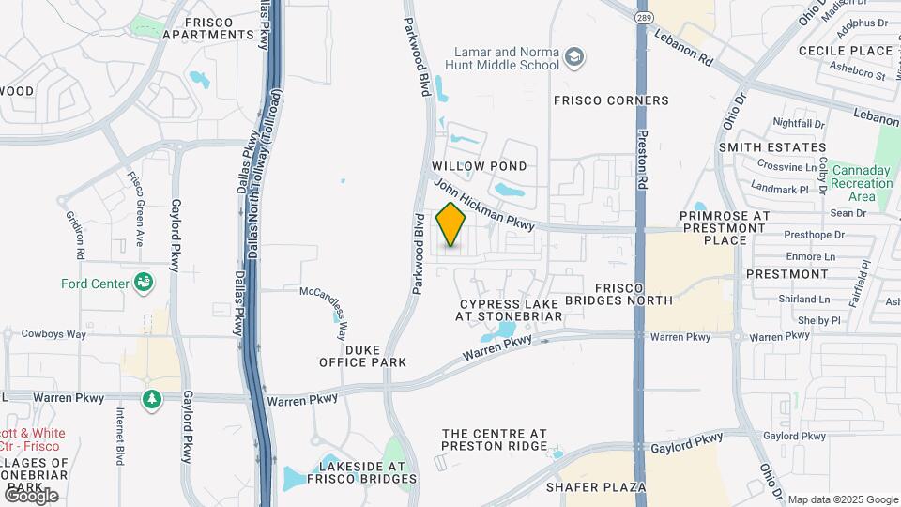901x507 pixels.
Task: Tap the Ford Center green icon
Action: tap(144, 281)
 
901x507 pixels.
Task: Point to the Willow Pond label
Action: tap(479, 166)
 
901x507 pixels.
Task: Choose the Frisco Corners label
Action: tap(611, 100)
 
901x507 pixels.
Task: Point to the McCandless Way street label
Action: tap(324, 303)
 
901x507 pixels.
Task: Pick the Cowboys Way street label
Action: tap(54, 334)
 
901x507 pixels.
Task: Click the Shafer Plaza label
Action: tap(598, 487)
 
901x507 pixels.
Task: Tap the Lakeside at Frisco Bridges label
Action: tap(362, 472)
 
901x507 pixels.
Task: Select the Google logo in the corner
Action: tap(31, 495)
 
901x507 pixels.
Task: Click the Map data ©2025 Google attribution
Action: tap(843, 499)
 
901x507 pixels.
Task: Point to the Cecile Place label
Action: tap(845, 50)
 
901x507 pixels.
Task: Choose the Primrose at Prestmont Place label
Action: tap(725, 227)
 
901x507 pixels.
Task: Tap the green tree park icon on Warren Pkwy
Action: tap(151, 400)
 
